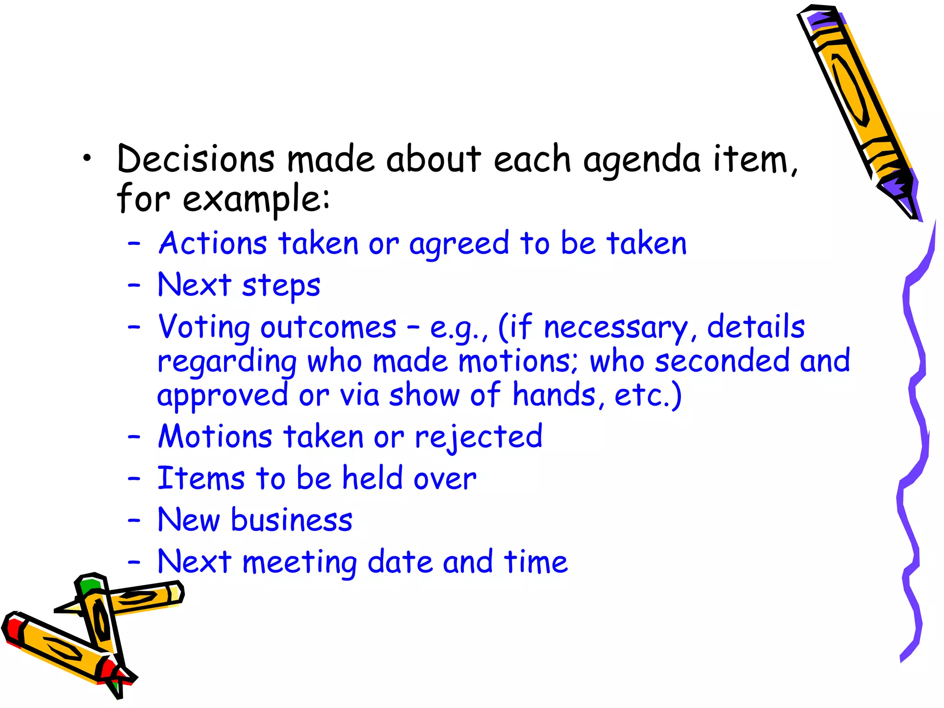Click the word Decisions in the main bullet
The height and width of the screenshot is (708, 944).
(195, 159)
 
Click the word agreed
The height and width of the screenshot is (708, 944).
(459, 245)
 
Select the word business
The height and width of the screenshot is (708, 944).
(291, 520)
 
